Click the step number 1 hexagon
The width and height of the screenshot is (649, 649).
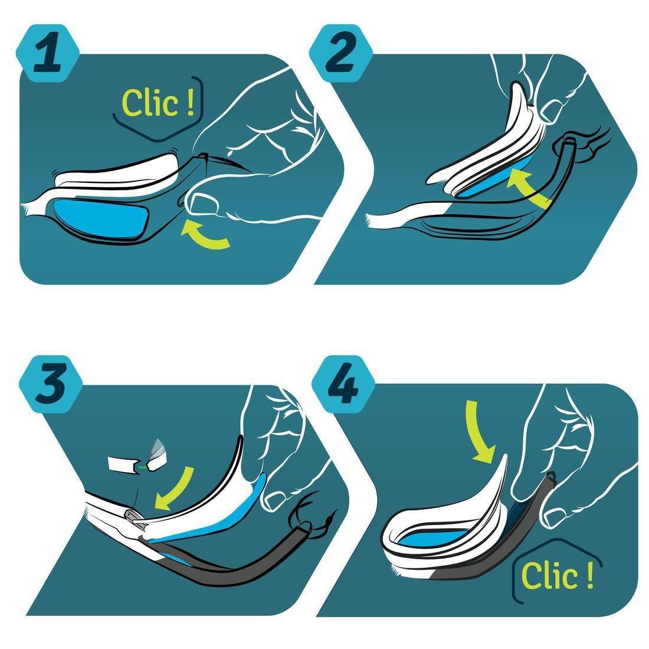pos(48,53)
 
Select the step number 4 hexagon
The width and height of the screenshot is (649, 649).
pos(343,384)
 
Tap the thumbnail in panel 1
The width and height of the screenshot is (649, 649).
pos(203,204)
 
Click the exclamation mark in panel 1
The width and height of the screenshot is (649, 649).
pos(190,103)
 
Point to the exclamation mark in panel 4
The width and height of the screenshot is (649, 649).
pos(590,575)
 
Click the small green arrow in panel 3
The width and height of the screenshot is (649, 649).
pos(143,467)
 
